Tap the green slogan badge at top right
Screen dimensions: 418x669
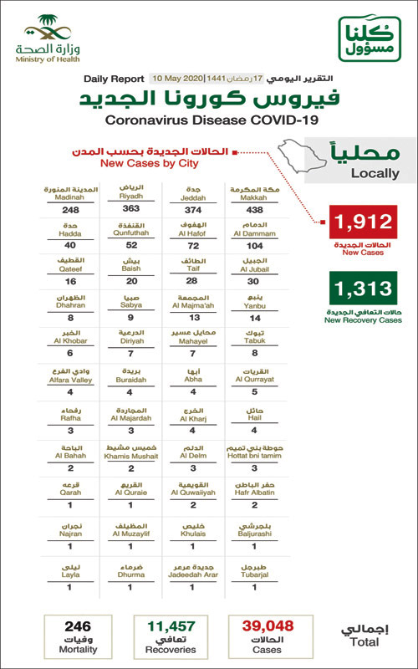click(368, 38)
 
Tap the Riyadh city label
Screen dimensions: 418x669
click(130, 194)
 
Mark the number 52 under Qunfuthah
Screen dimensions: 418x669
click(130, 245)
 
